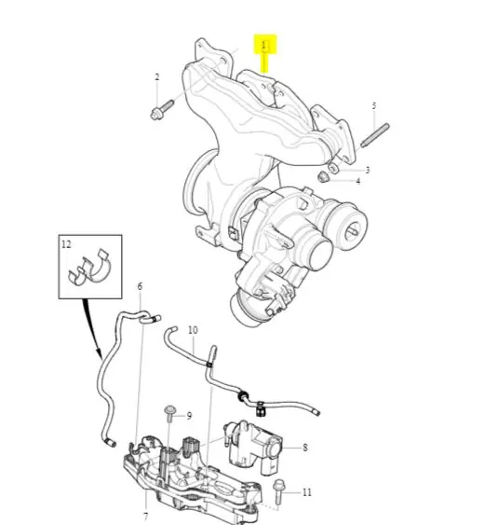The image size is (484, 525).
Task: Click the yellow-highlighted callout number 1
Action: (264, 45)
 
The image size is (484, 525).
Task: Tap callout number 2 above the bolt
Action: (157, 77)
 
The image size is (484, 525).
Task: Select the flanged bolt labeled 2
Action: (162, 109)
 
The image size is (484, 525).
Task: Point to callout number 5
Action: (374, 106)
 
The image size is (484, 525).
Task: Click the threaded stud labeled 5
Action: (375, 135)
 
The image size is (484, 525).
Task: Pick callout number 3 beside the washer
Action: (368, 170)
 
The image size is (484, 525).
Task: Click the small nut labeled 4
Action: (323, 177)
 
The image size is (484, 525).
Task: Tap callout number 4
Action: (358, 181)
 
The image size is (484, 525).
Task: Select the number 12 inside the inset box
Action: (66, 244)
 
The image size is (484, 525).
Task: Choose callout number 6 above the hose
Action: (140, 286)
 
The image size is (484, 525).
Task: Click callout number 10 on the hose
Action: (193, 330)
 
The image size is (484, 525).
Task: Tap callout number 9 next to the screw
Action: (189, 416)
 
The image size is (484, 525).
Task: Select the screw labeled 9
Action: (170, 414)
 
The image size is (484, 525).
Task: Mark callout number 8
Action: (305, 448)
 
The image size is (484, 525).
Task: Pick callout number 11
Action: (307, 492)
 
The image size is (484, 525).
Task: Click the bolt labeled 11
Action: (278, 492)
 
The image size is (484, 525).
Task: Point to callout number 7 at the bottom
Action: (146, 517)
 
